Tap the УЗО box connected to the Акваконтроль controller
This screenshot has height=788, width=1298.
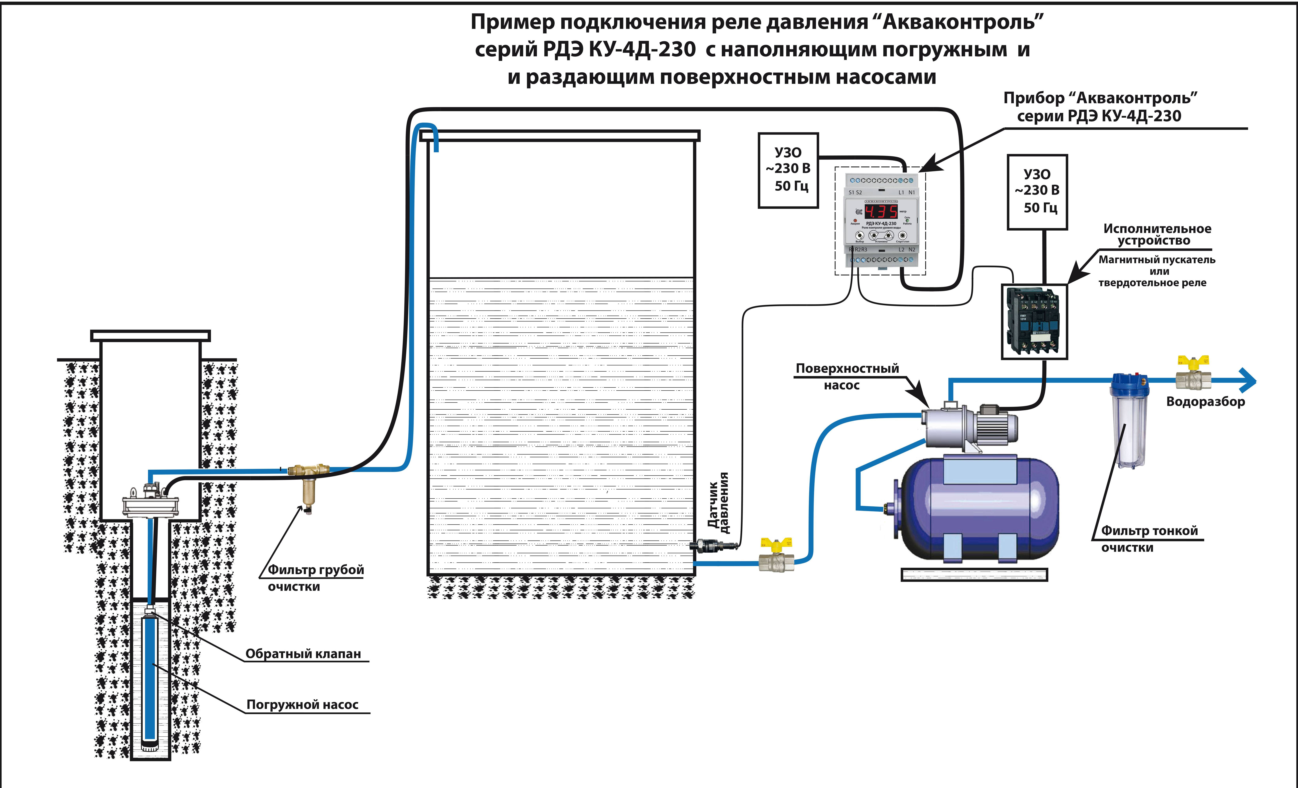788,170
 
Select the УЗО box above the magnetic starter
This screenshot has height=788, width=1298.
1037,192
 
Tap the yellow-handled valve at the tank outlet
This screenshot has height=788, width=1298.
776,555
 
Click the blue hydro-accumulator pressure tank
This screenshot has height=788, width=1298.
980,508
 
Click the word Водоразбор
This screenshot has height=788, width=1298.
1205,402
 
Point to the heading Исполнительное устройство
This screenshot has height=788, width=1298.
1157,234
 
